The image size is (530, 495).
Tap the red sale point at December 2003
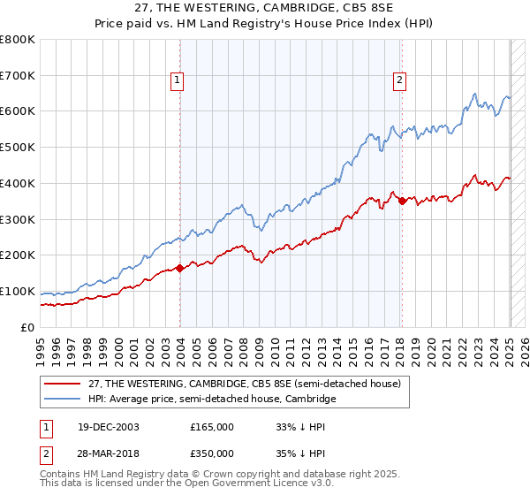point(180,267)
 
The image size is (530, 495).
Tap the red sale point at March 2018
point(402,201)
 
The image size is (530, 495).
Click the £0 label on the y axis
point(28,327)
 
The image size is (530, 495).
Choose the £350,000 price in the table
point(212,453)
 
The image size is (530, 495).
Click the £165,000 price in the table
point(212,427)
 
